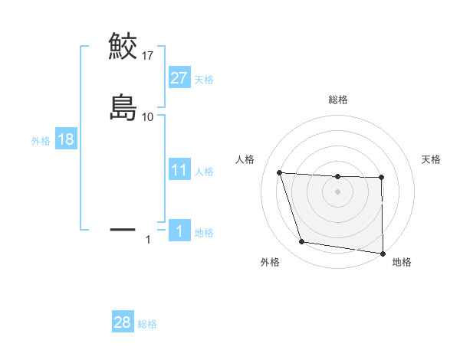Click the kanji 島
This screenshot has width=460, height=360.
[x=123, y=107]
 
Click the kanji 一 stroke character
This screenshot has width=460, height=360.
[x=123, y=228]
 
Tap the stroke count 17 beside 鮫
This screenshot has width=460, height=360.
[x=148, y=55]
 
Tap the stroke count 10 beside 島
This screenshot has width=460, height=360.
[x=148, y=116]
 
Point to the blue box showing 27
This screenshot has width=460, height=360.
[x=179, y=78]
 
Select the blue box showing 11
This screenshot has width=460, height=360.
[x=179, y=170]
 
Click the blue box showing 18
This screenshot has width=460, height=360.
[x=65, y=139]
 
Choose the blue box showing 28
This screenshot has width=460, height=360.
[x=123, y=322]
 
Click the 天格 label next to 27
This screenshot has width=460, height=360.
[x=203, y=79]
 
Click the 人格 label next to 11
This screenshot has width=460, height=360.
[x=203, y=171]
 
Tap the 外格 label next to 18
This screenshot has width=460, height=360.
[x=40, y=140]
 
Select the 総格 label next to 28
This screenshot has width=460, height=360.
[x=147, y=323]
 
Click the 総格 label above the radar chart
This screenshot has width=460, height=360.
[x=338, y=100]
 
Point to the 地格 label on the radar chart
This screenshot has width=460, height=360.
[x=402, y=262]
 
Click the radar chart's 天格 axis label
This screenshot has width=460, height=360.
[x=431, y=159]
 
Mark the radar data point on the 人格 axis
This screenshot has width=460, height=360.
[x=280, y=173]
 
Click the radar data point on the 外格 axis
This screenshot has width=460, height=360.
[x=302, y=242]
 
